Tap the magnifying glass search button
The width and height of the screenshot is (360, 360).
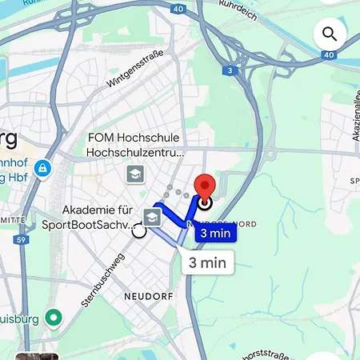pos(329,34)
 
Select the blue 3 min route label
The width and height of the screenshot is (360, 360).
pos(217,234)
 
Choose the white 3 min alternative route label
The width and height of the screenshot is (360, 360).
pos(207,262)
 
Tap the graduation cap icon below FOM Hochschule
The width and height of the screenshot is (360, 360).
pos(134,174)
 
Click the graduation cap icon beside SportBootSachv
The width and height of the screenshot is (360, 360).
pos(152,215)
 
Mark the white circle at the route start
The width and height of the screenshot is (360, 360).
pos(139,231)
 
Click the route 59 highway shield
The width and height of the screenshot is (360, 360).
pos(23,239)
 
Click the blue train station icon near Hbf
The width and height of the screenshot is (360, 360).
pos(42,168)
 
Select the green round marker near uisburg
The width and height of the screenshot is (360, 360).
pos(54,318)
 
